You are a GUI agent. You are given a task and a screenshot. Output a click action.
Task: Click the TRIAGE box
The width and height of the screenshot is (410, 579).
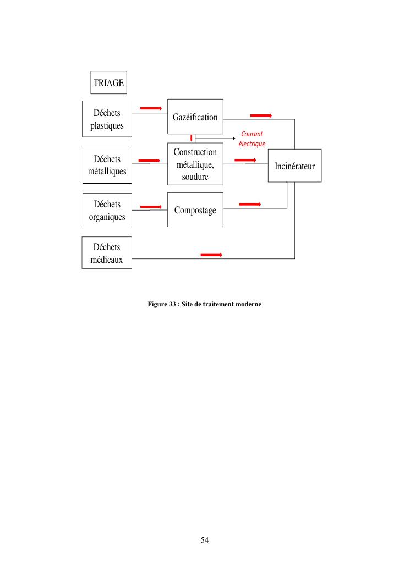(x=108, y=83)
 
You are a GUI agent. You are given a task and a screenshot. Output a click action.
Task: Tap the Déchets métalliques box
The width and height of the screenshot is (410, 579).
(x=107, y=164)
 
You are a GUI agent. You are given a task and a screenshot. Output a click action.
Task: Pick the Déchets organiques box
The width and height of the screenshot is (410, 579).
(x=107, y=210)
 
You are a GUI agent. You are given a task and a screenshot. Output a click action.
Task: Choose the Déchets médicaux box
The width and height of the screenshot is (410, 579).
(x=107, y=252)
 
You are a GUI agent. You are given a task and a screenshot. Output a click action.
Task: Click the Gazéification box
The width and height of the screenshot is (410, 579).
(x=195, y=117)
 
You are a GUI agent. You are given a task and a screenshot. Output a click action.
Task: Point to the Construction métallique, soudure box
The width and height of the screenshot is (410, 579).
(x=195, y=164)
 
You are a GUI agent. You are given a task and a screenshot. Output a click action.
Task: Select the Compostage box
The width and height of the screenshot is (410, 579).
(x=195, y=210)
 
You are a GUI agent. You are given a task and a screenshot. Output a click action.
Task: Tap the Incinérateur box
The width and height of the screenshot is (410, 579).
(x=294, y=166)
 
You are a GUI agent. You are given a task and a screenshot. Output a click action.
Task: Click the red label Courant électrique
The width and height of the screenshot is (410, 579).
(x=252, y=139)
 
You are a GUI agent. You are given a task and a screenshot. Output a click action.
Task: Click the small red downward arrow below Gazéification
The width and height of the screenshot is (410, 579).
(x=191, y=137)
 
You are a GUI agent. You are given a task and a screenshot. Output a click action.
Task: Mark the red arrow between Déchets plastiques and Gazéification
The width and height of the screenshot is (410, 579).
(x=151, y=108)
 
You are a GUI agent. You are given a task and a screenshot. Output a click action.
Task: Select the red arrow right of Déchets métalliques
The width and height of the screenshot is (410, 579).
(x=149, y=161)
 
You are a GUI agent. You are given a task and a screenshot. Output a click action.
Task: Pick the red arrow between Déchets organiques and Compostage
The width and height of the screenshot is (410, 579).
(x=151, y=207)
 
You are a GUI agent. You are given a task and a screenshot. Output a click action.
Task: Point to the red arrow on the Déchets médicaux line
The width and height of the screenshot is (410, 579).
(x=211, y=255)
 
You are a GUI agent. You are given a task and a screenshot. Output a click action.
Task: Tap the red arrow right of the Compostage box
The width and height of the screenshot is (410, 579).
(x=250, y=204)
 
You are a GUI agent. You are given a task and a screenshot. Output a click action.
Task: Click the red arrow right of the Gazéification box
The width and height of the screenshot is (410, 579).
(x=261, y=115)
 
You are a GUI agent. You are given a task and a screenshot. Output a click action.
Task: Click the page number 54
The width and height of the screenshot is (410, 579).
(x=205, y=540)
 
